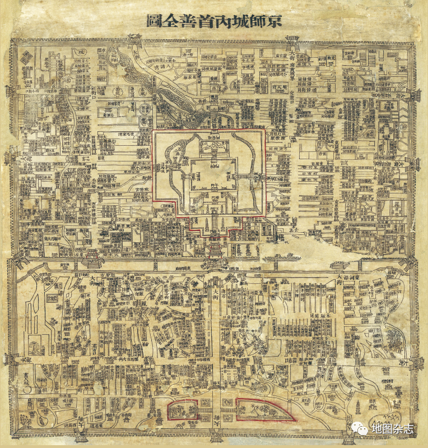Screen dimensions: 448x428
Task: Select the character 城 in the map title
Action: [241, 21]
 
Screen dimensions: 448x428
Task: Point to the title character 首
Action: [206, 21]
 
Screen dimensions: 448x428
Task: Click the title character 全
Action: [170, 21]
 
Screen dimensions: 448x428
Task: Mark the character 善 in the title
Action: [188, 21]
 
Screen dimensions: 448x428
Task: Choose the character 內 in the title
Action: [223, 21]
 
